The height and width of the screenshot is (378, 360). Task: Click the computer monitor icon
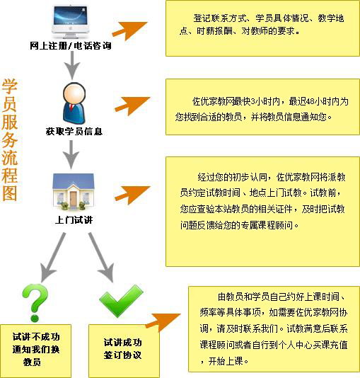[70, 22]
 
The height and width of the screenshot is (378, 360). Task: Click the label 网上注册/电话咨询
[71, 45]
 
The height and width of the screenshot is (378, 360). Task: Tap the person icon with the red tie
[74, 103]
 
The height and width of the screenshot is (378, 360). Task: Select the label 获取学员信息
[74, 132]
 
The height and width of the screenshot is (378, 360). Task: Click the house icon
[74, 191]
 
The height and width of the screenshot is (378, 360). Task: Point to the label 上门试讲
[74, 220]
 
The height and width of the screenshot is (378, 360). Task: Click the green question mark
[35, 302]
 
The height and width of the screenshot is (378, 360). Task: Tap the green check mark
[121, 302]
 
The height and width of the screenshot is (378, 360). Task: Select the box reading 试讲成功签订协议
[124, 351]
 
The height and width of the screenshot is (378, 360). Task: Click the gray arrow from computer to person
[71, 65]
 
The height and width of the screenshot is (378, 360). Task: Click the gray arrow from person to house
[71, 155]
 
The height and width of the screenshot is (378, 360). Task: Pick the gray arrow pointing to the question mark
[52, 258]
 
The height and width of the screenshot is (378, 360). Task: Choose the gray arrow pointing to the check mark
[101, 258]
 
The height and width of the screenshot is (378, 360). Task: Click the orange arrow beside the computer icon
[130, 30]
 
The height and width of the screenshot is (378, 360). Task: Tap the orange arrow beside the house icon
[133, 195]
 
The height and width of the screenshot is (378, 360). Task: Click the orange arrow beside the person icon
[133, 105]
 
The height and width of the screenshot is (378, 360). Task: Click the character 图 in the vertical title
[10, 193]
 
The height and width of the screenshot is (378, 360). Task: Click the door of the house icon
[74, 199]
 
